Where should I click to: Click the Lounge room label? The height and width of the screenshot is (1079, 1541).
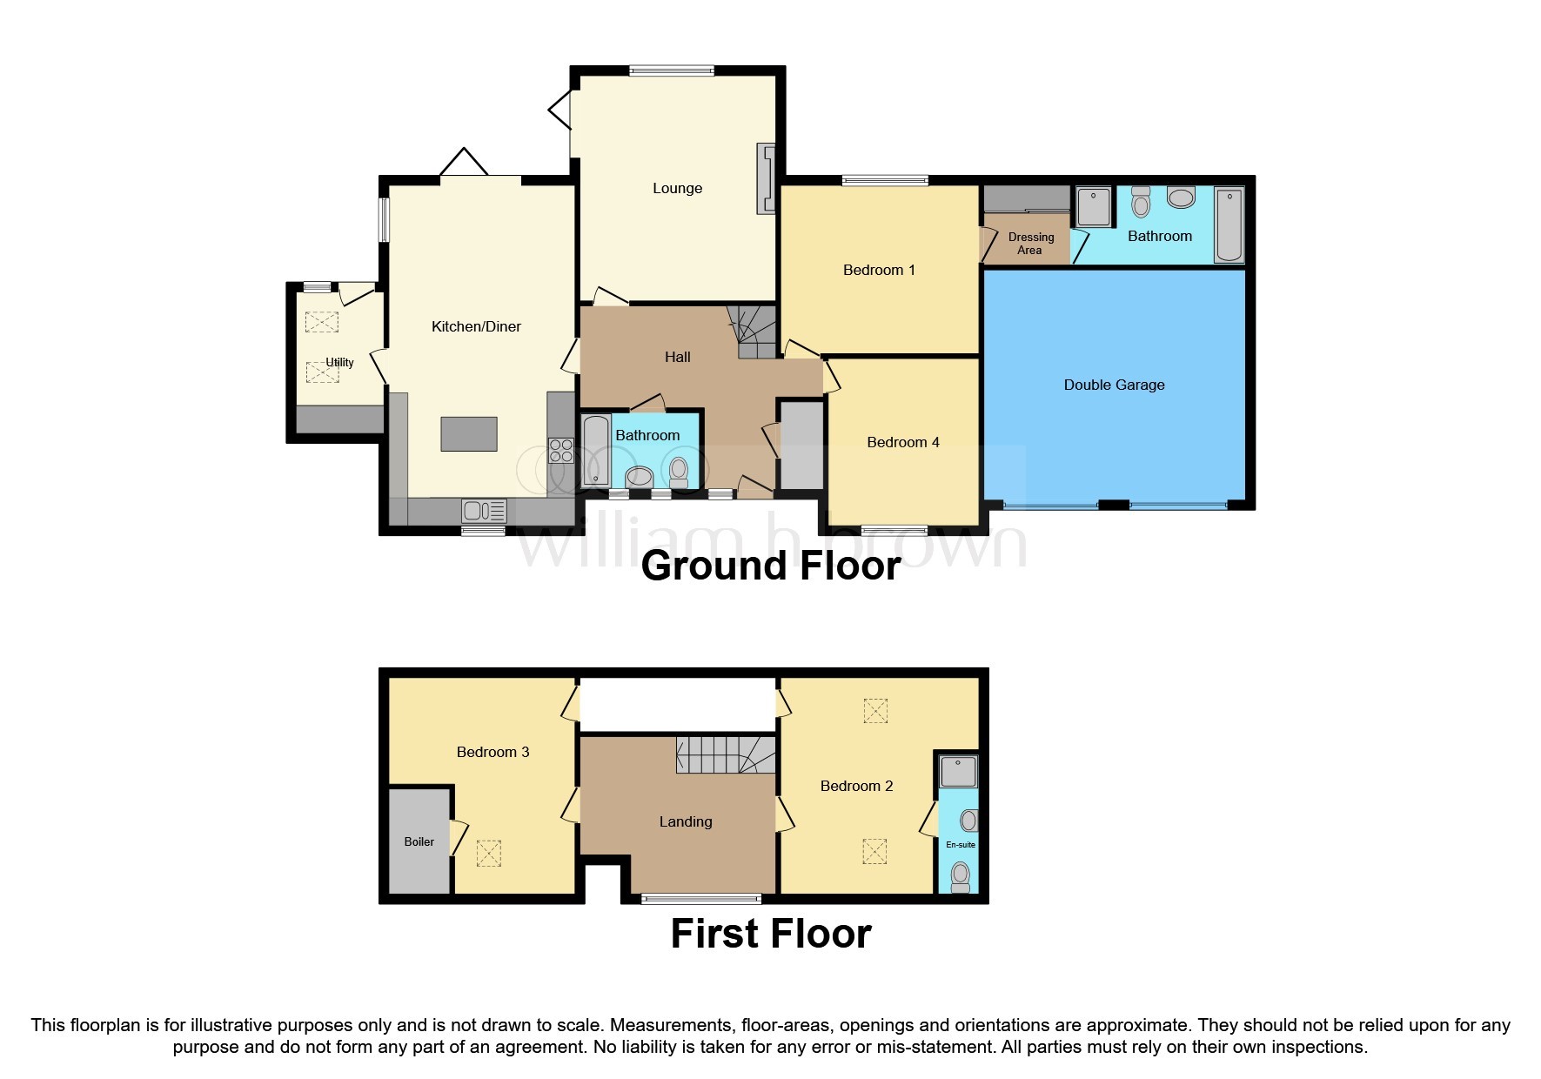[677, 188]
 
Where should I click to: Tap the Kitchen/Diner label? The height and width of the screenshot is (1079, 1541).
[476, 326]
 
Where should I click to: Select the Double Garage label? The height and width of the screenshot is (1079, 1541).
[1114, 385]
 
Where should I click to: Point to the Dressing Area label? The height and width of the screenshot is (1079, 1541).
[1031, 244]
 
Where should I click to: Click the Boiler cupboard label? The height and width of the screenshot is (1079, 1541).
[419, 841]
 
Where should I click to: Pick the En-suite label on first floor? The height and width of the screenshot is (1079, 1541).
[961, 845]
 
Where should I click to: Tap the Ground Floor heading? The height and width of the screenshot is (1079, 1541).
[771, 566]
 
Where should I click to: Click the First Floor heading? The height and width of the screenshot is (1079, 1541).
[771, 934]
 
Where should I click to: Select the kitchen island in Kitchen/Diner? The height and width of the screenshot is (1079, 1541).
[469, 434]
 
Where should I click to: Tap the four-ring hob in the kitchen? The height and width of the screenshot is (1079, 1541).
[561, 451]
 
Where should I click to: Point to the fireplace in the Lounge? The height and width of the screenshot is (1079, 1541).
[766, 178]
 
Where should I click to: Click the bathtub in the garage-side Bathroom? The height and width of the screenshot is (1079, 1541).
[1229, 225]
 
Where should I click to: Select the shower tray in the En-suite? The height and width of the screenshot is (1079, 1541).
[959, 771]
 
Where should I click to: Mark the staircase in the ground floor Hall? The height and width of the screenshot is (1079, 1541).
[752, 332]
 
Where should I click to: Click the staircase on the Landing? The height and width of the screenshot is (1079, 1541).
[727, 754]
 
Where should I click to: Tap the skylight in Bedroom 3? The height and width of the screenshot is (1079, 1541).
[488, 853]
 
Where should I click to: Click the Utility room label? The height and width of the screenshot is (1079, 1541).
[339, 362]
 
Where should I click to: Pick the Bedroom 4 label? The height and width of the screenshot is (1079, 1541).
[903, 442]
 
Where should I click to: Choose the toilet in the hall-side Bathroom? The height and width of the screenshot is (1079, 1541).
[679, 472]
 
